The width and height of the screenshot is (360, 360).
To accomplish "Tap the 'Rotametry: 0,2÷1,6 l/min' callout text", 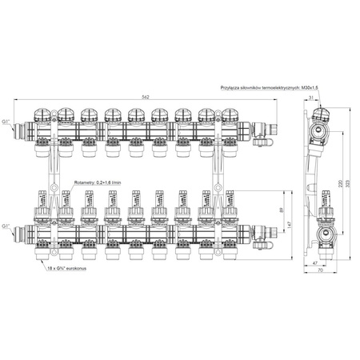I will point(96,183).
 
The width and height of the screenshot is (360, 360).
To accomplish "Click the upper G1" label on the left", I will point(7,122).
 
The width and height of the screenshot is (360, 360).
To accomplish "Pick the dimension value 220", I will point(340,182).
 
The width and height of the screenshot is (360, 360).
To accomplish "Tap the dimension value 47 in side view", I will point(314,262).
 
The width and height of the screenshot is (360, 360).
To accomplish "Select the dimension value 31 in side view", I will point(310,98).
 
